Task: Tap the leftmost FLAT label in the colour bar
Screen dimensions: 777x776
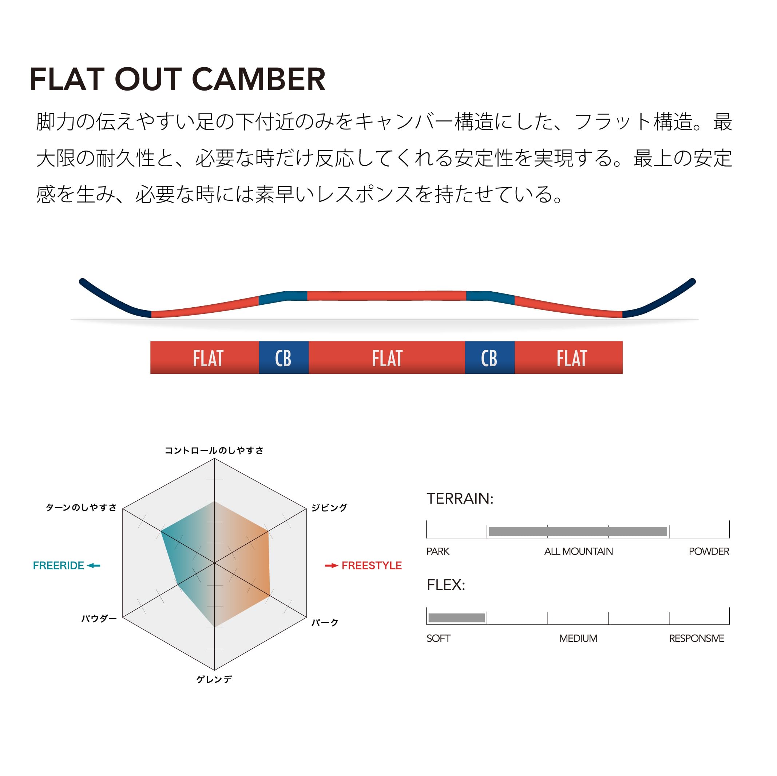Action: (208, 359)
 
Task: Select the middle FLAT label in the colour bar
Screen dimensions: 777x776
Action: (387, 359)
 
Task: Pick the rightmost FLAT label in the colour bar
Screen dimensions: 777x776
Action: (572, 359)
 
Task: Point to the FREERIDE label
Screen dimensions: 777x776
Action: (58, 566)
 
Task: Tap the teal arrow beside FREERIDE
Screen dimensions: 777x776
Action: (94, 566)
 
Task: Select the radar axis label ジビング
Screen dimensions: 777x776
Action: (329, 508)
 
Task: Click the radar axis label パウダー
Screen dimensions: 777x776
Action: (99, 619)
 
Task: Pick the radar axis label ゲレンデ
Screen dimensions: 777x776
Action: (214, 680)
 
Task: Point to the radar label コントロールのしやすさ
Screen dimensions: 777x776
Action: (214, 451)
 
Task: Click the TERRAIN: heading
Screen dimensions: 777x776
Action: (460, 499)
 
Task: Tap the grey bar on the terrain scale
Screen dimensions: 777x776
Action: (578, 531)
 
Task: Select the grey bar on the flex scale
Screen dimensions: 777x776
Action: (456, 618)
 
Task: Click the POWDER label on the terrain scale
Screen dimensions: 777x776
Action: (709, 551)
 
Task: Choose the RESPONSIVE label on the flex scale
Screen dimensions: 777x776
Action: (697, 638)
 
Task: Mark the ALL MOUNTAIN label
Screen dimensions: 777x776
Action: (578, 551)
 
